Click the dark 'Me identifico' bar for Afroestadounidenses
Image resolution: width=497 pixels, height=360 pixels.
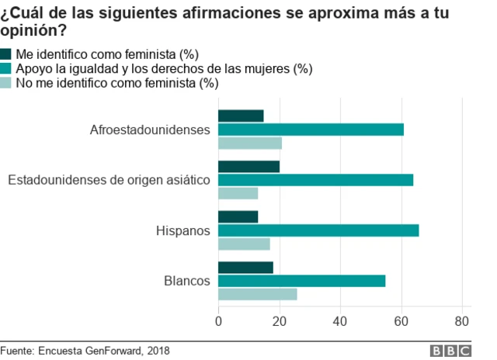coord(241,116)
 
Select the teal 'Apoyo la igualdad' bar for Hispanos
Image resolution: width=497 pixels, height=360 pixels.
coord(318,230)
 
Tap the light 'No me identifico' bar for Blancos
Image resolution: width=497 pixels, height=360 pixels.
coord(257,294)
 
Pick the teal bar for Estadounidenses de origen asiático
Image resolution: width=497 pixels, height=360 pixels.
coord(315,180)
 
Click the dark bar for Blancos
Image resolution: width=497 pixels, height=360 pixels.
coord(245,268)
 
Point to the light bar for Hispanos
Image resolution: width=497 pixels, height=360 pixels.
coord(244,244)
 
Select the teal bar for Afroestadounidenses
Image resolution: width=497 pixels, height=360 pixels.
coord(311,130)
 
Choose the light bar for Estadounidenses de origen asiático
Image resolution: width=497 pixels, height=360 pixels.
coord(238,193)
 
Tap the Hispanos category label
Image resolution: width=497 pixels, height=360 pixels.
coord(183,230)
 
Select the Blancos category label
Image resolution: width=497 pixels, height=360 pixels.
coord(187,281)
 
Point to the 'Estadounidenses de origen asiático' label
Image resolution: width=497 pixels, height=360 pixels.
coord(109,180)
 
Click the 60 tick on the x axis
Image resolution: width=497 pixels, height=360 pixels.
coord(401,321)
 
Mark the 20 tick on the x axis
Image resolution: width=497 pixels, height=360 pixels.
coord(279,321)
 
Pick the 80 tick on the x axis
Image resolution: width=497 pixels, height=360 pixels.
coord(462,321)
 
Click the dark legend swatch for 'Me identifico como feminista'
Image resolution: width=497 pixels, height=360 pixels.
coord(6,54)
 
